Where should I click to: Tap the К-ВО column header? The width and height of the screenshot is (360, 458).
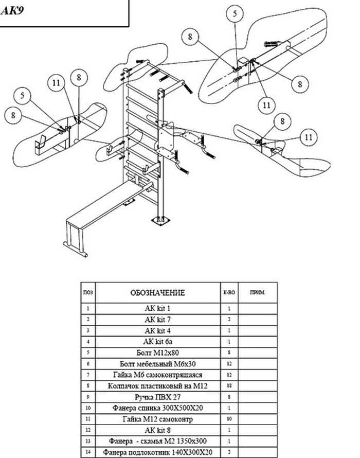click(229, 293)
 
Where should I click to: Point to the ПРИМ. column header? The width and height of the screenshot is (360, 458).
click(257, 292)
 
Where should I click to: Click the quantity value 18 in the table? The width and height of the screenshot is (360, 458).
click(229, 386)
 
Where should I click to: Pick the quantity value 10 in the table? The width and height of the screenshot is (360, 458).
click(229, 419)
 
